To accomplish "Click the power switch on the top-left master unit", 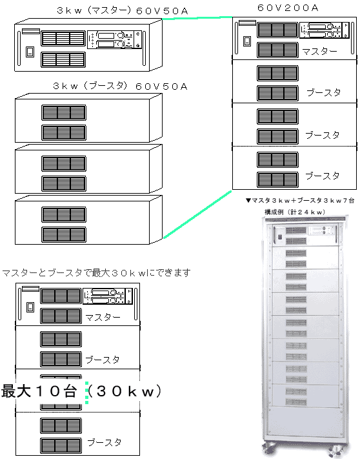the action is point(30,52).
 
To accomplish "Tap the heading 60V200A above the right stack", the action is point(288,8).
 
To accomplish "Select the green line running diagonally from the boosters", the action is point(197,214).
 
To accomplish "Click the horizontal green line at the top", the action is point(197,18).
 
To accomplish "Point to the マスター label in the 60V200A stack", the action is point(319,52).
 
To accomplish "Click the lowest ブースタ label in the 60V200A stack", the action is point(323,176).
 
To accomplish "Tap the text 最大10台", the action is point(39,391).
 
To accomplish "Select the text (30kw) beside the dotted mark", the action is point(124,391).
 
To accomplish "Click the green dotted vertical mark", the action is point(86,393).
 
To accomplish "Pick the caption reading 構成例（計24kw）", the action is point(295,212).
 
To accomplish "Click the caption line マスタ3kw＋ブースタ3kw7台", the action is point(300,201).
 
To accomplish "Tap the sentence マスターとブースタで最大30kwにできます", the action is point(96,273).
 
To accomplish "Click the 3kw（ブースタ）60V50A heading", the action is point(120,86).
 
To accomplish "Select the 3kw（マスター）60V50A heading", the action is point(122,11).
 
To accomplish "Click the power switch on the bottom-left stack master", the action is point(30,307).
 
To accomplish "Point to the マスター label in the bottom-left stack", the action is point(103,318).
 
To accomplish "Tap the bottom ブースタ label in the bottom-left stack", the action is point(105,442).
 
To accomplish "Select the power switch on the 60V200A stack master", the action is point(247,41).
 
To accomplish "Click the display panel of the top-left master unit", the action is point(114,39).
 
